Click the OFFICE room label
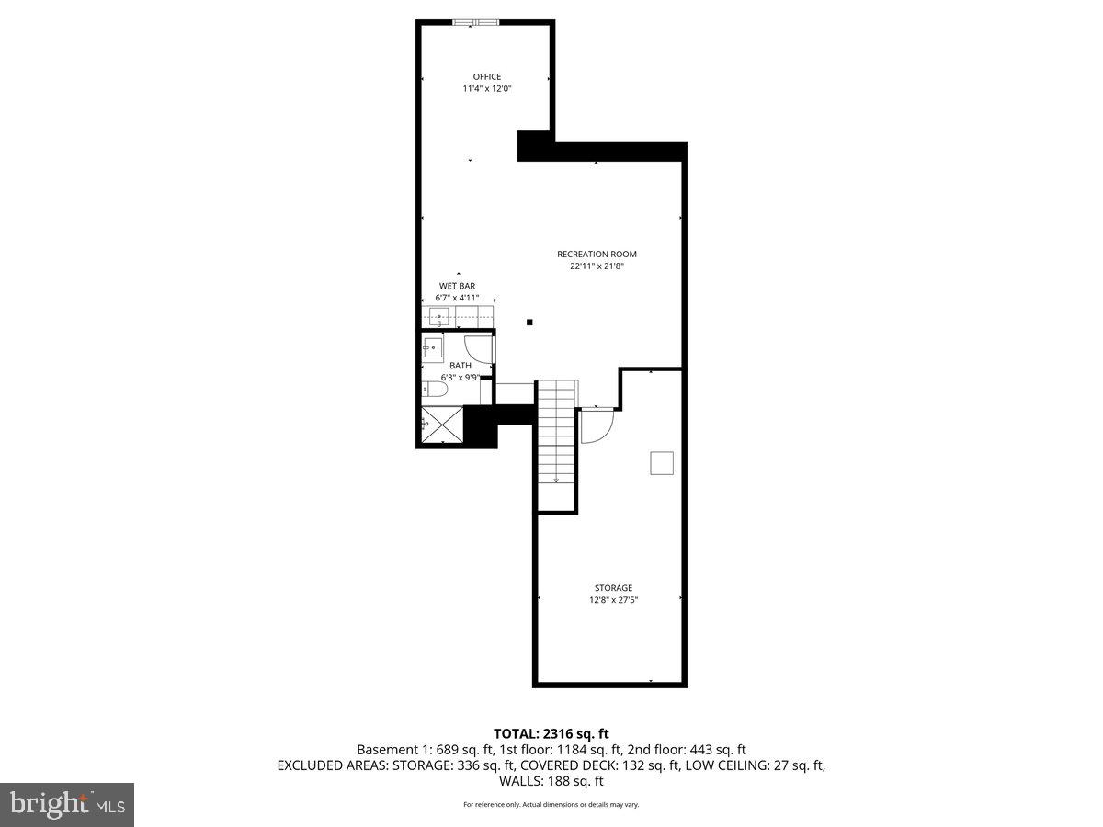click(x=486, y=76)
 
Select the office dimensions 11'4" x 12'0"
click(x=486, y=89)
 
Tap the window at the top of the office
click(x=477, y=22)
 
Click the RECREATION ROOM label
click(x=597, y=255)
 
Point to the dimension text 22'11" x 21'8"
click(x=597, y=266)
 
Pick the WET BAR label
click(x=457, y=286)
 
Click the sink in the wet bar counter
click(x=439, y=318)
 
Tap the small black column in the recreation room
click(x=529, y=322)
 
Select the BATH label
click(x=461, y=366)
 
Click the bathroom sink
click(x=432, y=347)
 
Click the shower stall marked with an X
click(x=442, y=426)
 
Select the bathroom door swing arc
click(x=479, y=348)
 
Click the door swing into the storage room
click(x=596, y=425)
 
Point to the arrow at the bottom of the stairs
click(x=556, y=478)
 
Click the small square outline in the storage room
click(x=662, y=463)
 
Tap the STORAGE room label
click(x=613, y=588)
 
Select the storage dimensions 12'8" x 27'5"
click(x=613, y=600)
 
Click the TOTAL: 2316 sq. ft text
click(x=551, y=733)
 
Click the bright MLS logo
click(x=67, y=805)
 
